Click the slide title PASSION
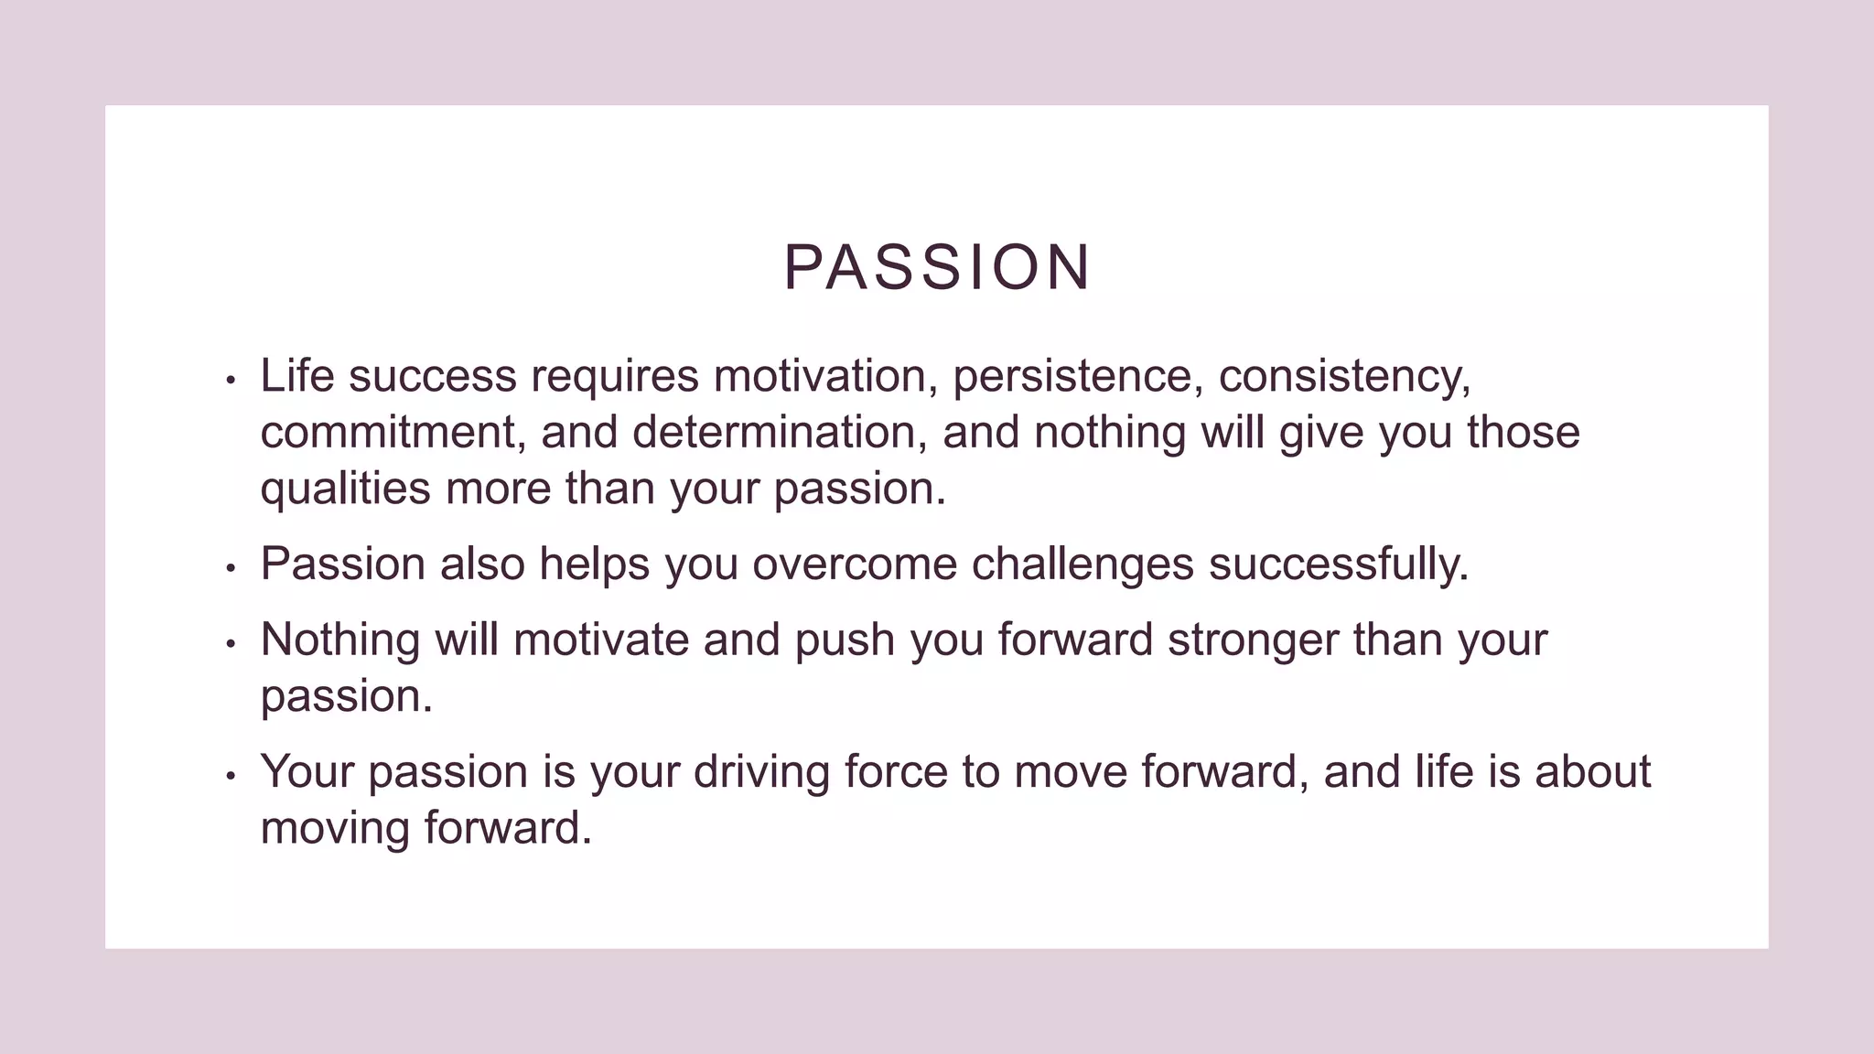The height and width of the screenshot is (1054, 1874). pos(937,268)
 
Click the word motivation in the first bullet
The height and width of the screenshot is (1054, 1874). pos(825,376)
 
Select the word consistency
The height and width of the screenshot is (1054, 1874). pos(1343,376)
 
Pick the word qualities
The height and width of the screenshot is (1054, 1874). pos(345,489)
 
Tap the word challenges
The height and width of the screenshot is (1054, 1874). pos(1082,565)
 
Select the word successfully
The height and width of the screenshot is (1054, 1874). pos(1338,565)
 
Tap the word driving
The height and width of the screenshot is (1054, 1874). pos(760,772)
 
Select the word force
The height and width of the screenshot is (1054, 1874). pos(895,772)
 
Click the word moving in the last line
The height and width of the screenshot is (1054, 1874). pos(334,829)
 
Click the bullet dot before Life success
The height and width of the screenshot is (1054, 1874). pos(231,380)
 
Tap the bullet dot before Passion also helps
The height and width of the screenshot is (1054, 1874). pos(231,568)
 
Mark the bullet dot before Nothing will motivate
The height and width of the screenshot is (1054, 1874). pos(231,643)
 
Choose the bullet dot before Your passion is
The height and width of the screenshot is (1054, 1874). pos(231,776)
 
